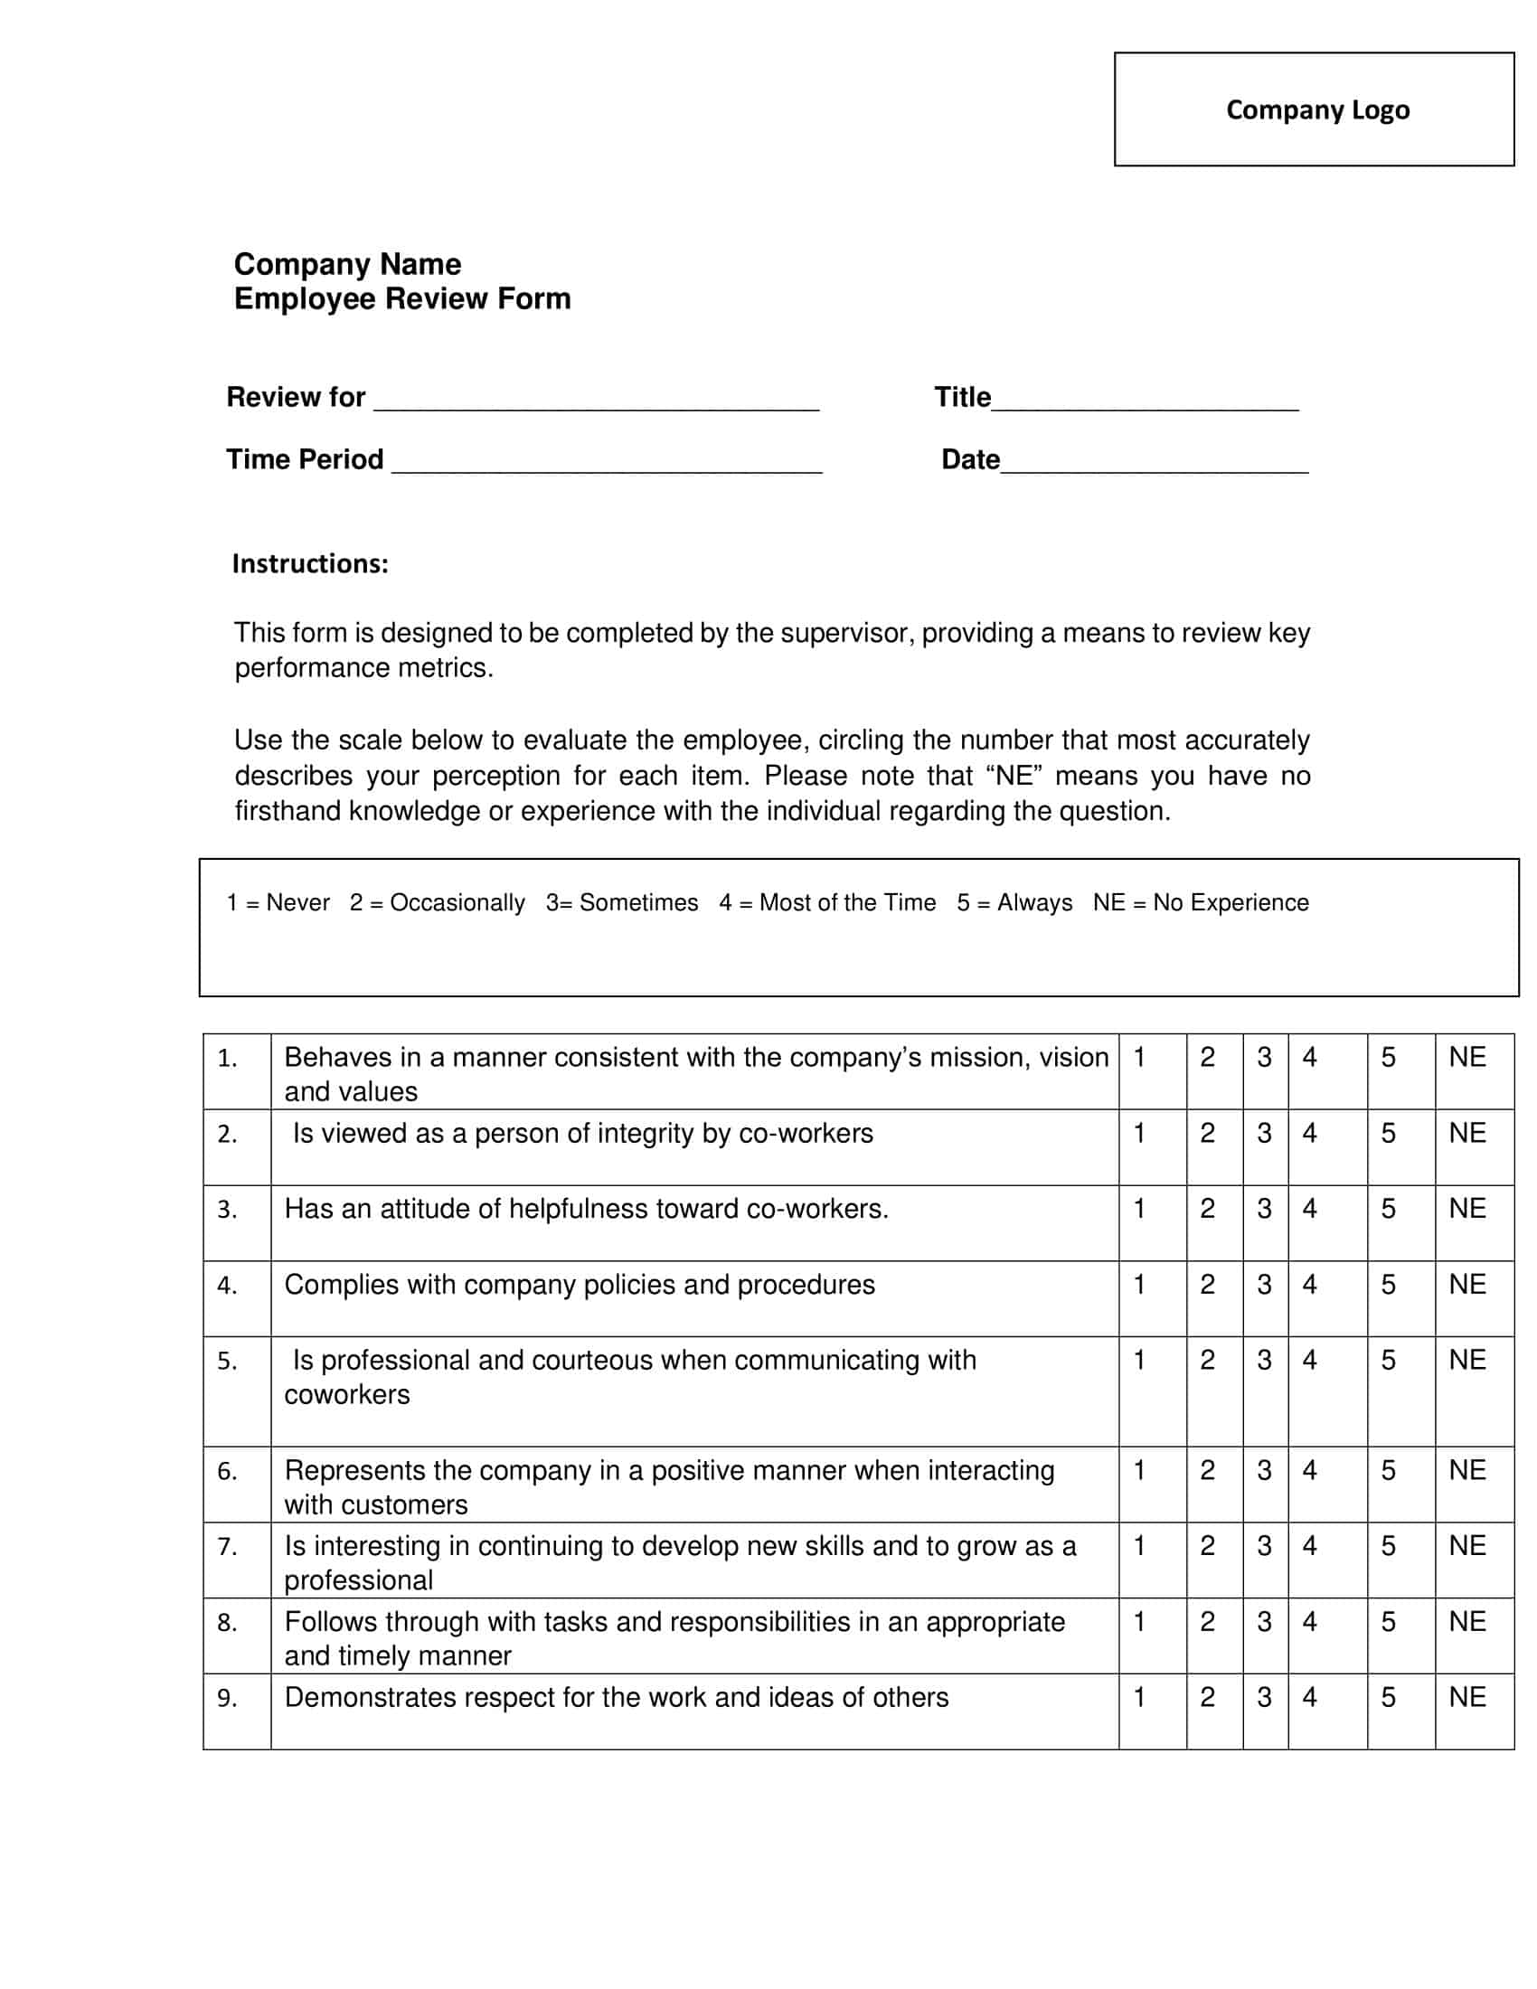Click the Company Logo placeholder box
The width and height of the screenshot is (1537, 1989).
1313,109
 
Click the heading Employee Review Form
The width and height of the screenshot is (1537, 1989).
401,298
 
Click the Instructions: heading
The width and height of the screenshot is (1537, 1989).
309,564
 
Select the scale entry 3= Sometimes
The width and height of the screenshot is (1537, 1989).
622,902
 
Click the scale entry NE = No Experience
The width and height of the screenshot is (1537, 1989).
1200,902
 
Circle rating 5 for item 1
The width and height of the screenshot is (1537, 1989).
1388,1058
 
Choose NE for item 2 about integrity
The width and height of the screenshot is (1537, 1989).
1466,1133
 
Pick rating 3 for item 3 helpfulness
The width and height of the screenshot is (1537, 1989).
1264,1209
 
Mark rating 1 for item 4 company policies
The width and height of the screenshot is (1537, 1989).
1138,1284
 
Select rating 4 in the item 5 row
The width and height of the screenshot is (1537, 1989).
1309,1360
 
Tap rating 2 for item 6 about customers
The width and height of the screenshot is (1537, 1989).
1207,1470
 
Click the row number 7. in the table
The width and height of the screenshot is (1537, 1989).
228,1546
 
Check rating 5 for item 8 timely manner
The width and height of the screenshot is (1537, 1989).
1388,1621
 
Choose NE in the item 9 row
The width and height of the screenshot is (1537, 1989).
1466,1697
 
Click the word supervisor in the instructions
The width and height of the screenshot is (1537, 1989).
846,633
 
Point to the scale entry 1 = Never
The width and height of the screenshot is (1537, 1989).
278,902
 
